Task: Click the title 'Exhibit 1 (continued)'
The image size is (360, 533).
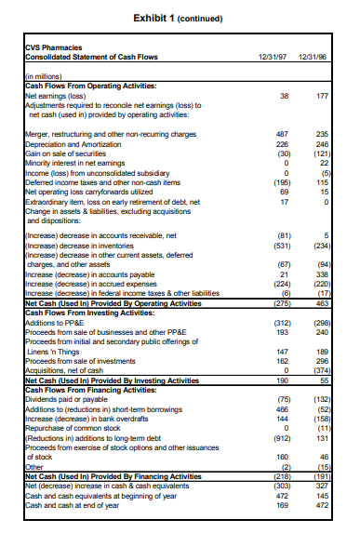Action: point(180,18)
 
